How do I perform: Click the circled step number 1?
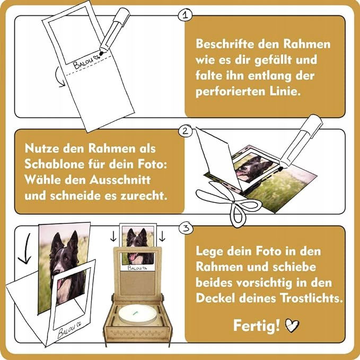(x=185, y=15)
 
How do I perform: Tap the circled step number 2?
(x=185, y=131)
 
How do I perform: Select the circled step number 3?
(x=186, y=228)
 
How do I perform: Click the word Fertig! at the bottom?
(x=257, y=326)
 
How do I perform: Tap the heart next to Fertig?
(x=292, y=326)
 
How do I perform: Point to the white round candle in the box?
(x=138, y=314)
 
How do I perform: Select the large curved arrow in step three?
(x=26, y=249)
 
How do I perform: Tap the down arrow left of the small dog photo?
(x=113, y=236)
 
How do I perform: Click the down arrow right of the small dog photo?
(x=162, y=236)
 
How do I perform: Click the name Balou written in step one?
(x=83, y=62)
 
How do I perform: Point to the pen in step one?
(x=115, y=30)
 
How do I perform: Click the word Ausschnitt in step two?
(x=120, y=180)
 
